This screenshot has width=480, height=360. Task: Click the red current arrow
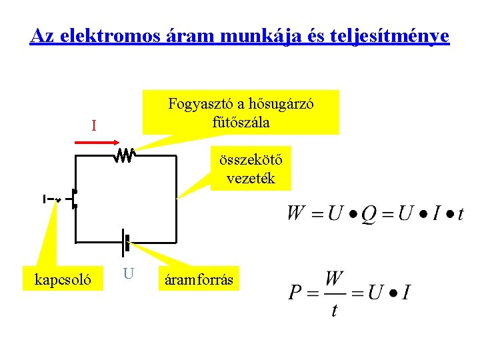coord(96,142)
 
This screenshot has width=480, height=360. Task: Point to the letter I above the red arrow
coord(94,125)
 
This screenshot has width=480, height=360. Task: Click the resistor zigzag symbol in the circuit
coord(125,156)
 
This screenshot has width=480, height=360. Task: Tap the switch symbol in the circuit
coord(73,199)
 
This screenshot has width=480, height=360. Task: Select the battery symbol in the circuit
coord(125,242)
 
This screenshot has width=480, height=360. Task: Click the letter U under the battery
coord(129,273)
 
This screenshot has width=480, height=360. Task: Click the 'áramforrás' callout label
coord(199,279)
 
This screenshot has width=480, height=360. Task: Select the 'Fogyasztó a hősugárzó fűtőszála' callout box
coord(241,113)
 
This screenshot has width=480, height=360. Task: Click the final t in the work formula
coord(460,214)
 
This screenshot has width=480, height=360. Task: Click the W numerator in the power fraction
coord(335,279)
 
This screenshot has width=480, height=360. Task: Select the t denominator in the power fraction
coord(334,309)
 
